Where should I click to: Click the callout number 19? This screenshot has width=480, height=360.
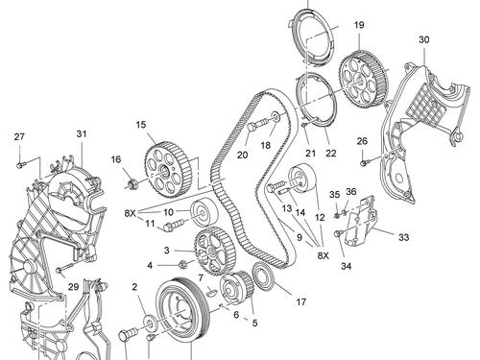point(359,25)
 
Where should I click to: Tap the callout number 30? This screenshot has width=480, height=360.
point(424,40)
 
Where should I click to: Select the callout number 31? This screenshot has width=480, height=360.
point(82,133)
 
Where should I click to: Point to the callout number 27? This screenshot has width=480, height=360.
point(19,137)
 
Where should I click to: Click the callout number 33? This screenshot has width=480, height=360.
point(404,237)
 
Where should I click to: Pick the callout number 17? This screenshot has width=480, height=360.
point(300,301)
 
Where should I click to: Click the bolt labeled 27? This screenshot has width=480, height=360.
point(20,165)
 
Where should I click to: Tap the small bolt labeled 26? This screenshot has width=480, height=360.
point(364,163)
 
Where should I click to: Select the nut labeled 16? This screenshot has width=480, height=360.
point(132,183)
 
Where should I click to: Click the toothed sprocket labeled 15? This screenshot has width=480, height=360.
point(168,171)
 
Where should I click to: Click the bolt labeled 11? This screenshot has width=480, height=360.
point(174,224)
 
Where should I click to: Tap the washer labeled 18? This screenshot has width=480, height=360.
point(276,116)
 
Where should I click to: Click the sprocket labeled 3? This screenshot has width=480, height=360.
point(214,251)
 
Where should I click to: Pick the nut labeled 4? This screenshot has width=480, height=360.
point(182,264)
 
